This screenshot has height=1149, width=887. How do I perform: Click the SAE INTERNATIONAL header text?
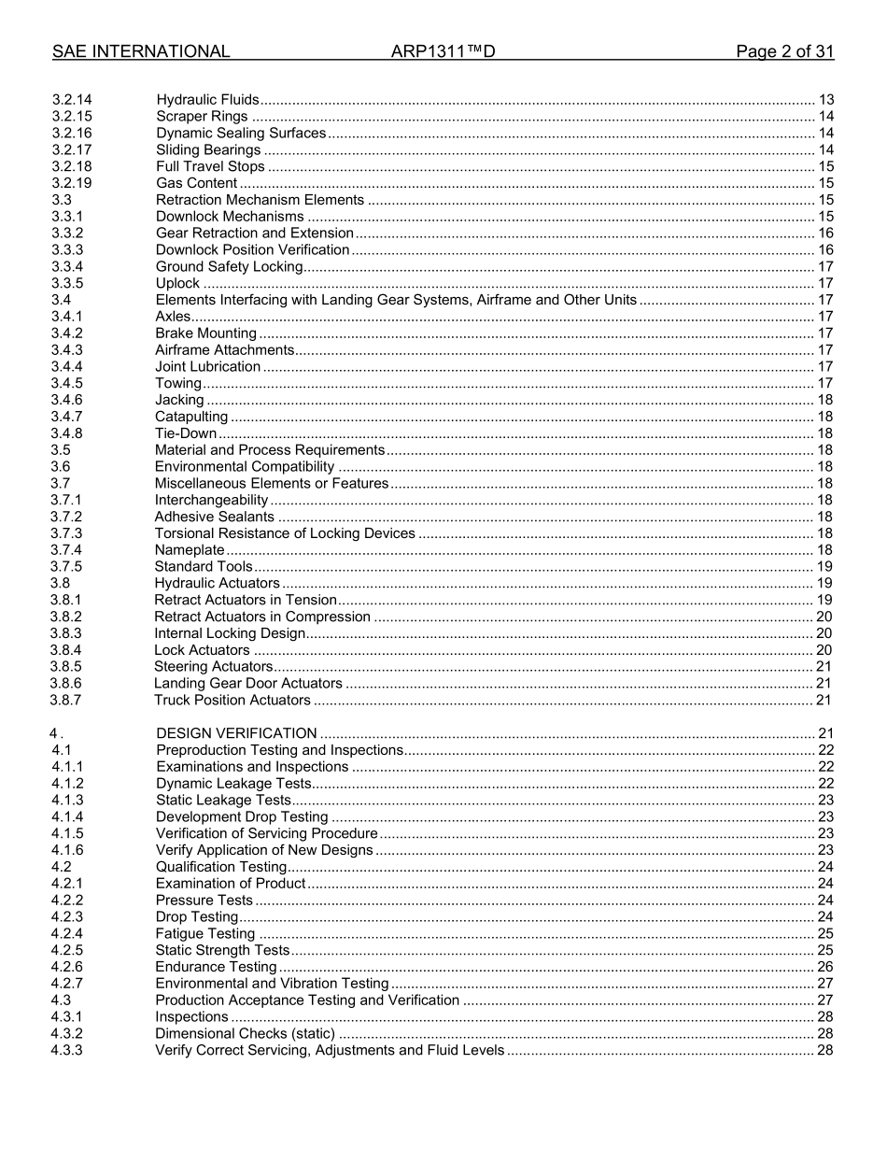point(141,51)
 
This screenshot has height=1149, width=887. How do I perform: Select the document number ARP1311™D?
point(443,51)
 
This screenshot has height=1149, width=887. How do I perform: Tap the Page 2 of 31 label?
point(784,51)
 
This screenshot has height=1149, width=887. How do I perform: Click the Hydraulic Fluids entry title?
point(207,100)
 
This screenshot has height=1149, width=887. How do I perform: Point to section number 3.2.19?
point(72,183)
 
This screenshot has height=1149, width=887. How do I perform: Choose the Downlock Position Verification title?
point(252,249)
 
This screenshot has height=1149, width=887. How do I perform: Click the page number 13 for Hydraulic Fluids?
point(825,100)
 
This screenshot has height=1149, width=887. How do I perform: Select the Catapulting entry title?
point(191,417)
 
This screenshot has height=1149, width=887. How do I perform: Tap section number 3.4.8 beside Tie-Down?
point(66,433)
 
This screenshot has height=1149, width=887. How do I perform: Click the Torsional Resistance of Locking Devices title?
point(285,533)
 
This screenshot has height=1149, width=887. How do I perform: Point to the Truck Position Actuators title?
point(232,700)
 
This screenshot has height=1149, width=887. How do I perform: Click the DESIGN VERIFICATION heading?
point(236,733)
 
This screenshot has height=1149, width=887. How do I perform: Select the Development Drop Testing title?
point(242,816)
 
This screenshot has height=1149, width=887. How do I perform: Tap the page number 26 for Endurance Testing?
point(825,967)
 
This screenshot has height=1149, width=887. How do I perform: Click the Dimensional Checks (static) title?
point(245,1033)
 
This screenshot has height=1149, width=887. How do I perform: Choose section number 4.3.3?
point(67,1050)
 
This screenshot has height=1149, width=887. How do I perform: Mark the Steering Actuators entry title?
point(213,666)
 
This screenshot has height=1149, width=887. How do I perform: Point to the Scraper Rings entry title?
point(203,117)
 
